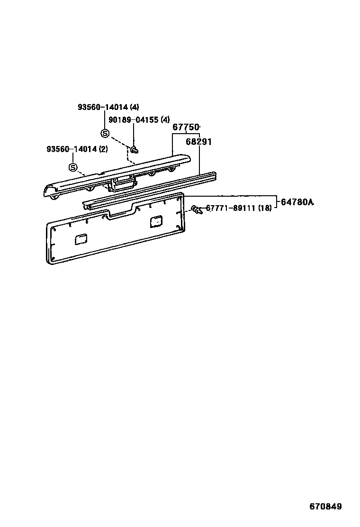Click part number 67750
tap(185, 127)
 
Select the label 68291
tap(198, 142)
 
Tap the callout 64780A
tap(297, 202)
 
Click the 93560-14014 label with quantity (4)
tap(101, 107)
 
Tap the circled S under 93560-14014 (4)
tap(105, 133)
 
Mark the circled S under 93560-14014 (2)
tap(73, 167)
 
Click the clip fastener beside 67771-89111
tap(196, 209)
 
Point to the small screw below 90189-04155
tap(134, 150)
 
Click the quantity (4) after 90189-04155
tap(165, 120)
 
